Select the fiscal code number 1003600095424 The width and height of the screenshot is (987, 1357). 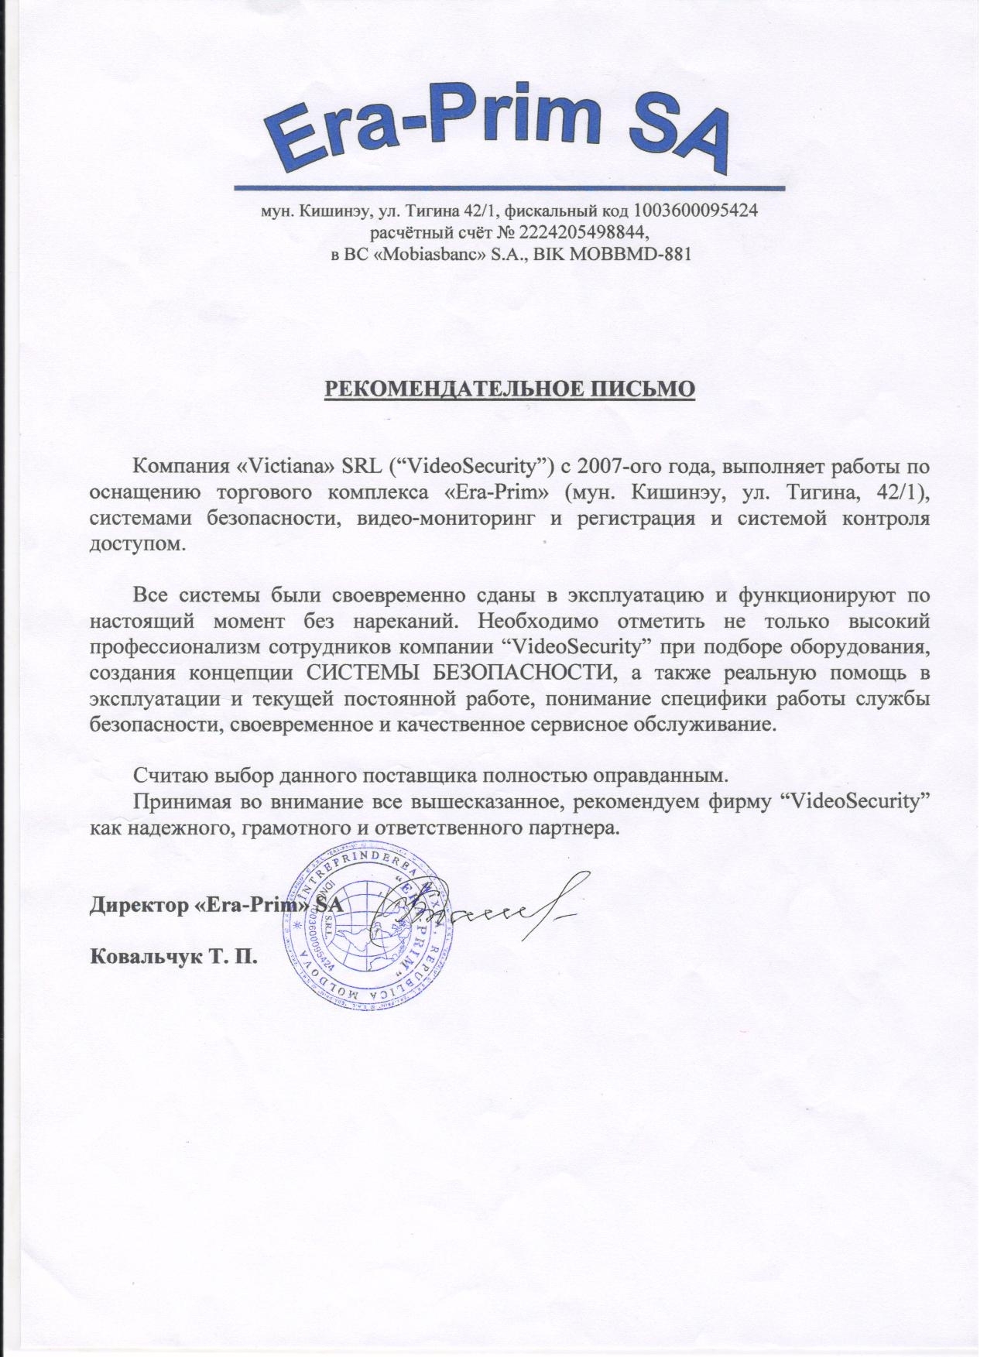pos(695,210)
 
